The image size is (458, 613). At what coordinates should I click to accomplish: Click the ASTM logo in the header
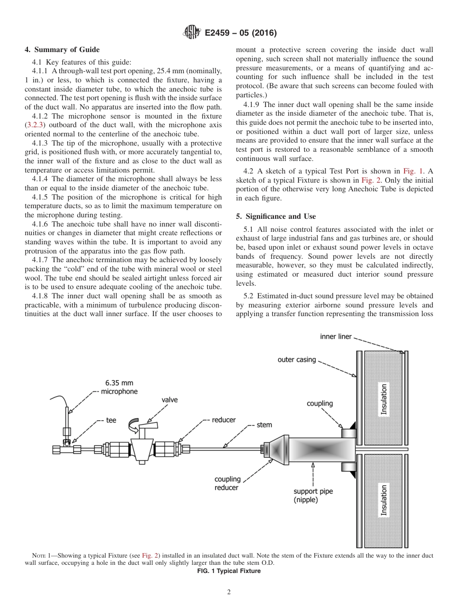pos(192,33)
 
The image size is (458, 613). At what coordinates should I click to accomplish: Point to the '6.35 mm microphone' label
pos(119,387)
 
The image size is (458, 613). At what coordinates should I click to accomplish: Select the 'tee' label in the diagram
pos(111,420)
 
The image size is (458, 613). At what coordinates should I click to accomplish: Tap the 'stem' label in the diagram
pos(264,425)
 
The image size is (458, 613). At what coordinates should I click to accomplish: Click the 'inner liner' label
pos(336,336)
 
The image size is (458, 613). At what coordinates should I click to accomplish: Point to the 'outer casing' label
pos(296,360)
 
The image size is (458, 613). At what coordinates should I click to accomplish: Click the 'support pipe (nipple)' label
pos(313,495)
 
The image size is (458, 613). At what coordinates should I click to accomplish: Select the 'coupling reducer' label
pos(227,483)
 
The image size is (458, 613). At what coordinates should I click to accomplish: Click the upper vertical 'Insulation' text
pos(384,400)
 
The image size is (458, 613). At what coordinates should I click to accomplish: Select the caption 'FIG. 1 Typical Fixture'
pos(229,571)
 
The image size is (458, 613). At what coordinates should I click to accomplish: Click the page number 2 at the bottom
pos(229,592)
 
